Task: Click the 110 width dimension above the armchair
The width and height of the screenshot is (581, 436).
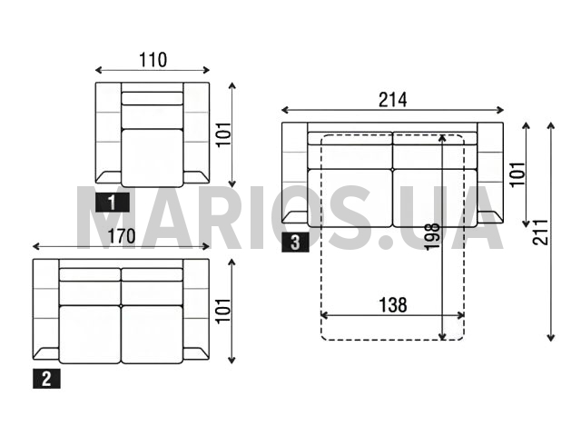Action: [153, 60]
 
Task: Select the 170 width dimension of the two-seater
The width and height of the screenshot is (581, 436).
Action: [121, 236]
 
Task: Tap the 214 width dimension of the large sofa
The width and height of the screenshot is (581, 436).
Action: [392, 100]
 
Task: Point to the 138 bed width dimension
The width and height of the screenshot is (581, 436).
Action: [392, 305]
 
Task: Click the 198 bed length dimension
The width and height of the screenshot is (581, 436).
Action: [432, 237]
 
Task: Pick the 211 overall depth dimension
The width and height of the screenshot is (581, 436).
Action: [540, 233]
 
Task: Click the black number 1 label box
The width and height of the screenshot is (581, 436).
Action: [113, 203]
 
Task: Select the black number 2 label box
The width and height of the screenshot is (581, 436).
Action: [46, 379]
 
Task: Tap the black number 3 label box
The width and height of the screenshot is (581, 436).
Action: [295, 243]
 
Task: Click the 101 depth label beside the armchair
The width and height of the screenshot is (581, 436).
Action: [224, 134]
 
